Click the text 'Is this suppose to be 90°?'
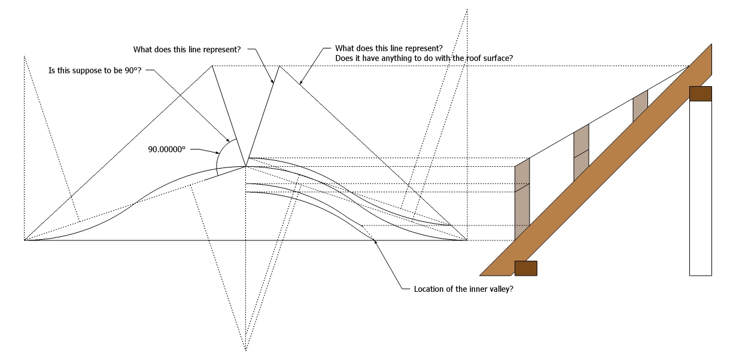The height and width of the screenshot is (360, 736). tap(96, 70)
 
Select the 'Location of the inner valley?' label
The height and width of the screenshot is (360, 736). tap(464, 289)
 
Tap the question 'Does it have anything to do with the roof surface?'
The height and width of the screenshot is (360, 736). tap(425, 58)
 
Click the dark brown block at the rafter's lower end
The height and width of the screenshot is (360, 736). tap(525, 269)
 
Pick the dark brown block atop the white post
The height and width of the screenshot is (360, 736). tap(700, 94)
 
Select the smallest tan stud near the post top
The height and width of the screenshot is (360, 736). tap(640, 106)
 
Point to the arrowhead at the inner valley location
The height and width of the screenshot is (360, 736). tap(375, 241)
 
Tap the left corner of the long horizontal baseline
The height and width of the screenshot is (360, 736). tap(25, 240)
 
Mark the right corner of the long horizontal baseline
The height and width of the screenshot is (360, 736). tap(467, 240)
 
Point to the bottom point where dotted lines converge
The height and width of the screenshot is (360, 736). tap(246, 350)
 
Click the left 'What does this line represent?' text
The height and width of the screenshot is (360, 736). tap(187, 49)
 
